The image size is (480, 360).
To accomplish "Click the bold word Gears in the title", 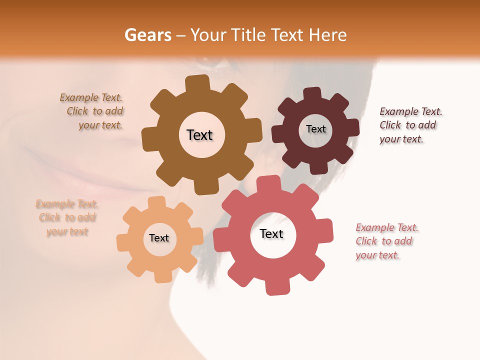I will coord(148,35).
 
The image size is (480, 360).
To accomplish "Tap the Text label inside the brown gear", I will coord(199,135).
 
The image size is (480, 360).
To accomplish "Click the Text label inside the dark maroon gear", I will coord(315,129).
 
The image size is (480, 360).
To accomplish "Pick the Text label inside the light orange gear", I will coord(159,238).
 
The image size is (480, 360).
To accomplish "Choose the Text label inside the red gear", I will coord(271,233).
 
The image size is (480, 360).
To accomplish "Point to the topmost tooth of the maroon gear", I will coord(312,93).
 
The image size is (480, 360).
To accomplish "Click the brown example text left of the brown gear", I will coord(94,111).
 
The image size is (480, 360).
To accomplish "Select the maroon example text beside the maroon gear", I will coord(410,125).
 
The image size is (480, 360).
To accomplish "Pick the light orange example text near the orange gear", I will coord(67,217).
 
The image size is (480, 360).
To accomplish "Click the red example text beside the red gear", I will coord(386,241).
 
